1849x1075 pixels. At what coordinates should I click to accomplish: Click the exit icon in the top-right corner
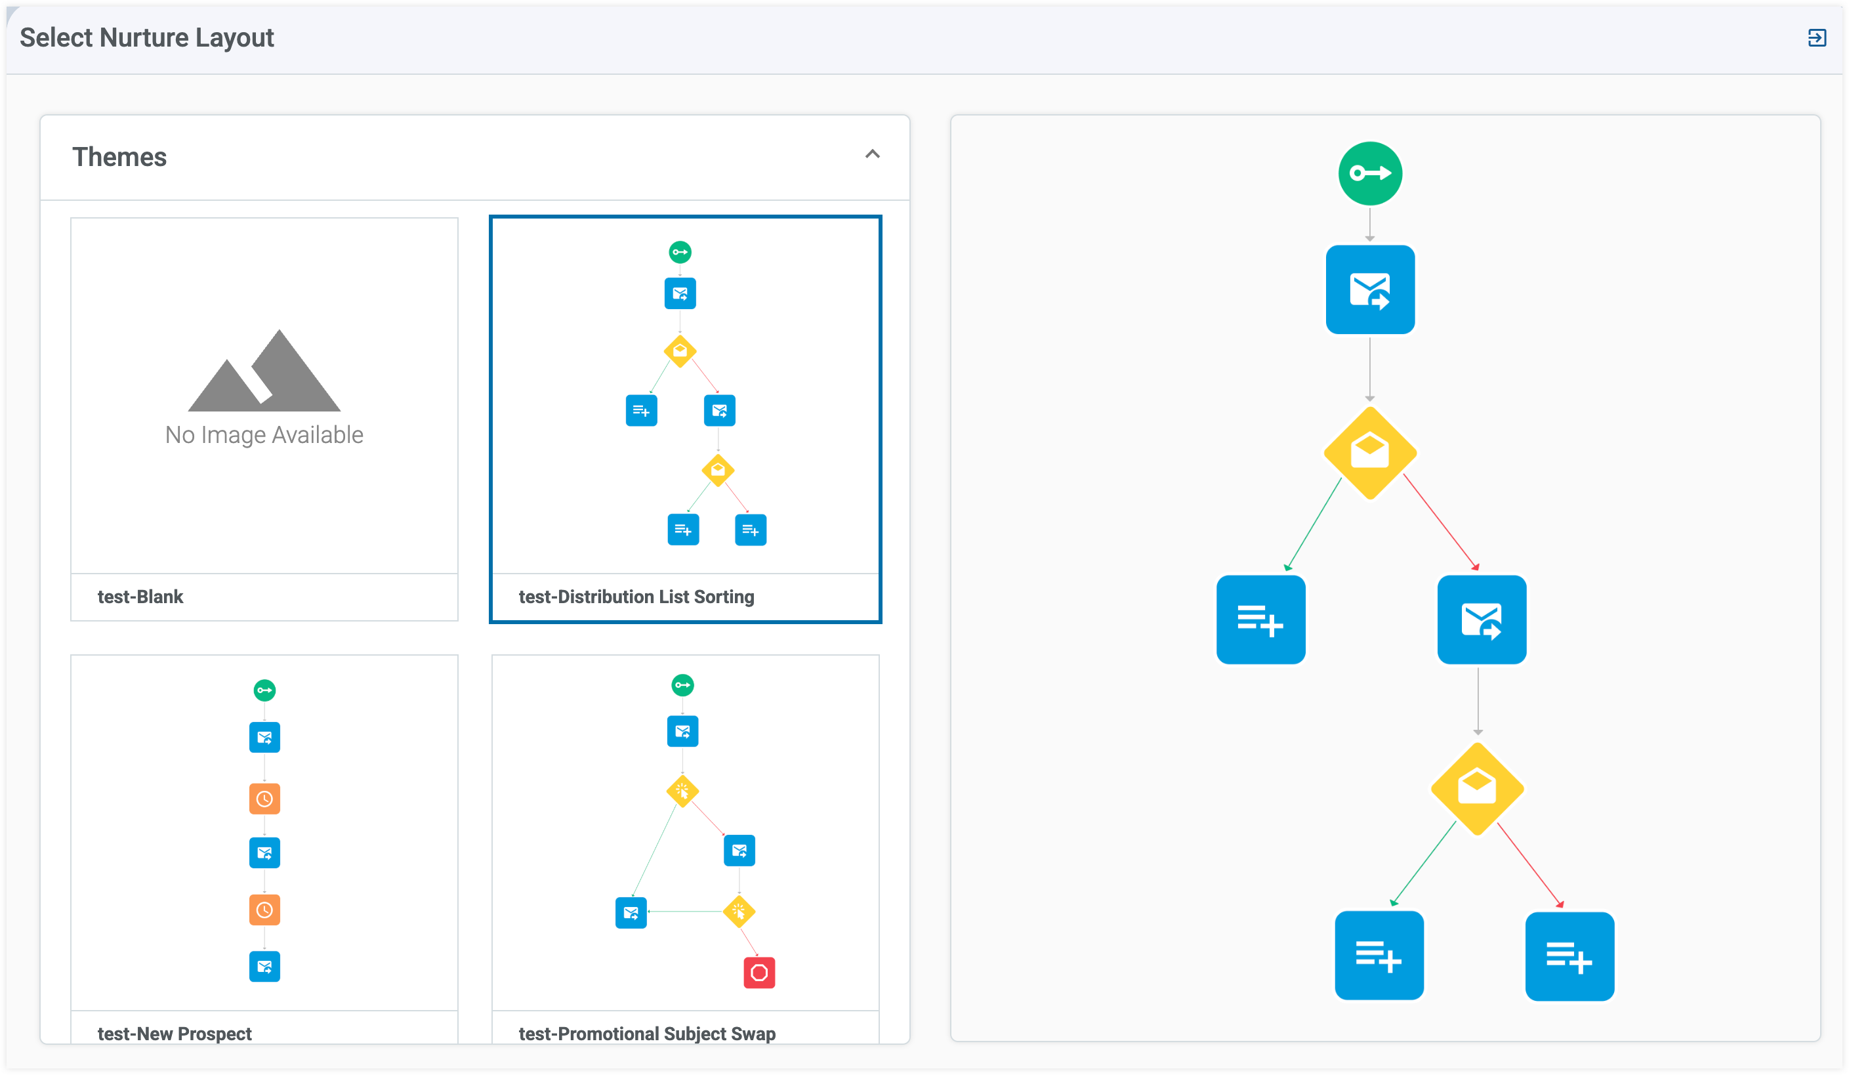click(1817, 37)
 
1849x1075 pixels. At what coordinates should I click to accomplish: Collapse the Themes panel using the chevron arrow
click(873, 154)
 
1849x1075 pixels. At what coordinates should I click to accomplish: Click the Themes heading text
click(119, 157)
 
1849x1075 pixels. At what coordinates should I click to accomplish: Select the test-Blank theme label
click(140, 597)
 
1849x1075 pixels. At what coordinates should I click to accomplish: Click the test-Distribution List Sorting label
click(636, 597)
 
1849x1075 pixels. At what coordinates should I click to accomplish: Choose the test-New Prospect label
click(175, 1033)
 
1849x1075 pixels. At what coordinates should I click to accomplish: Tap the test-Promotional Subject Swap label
click(647, 1033)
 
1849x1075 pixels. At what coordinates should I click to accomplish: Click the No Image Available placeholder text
click(264, 434)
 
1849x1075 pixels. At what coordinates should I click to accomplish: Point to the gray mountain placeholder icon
click(264, 371)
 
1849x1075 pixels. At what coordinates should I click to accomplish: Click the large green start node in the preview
click(1370, 174)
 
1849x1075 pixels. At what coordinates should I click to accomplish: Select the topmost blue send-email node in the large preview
click(1370, 290)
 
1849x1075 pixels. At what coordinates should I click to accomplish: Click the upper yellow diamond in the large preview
click(1370, 453)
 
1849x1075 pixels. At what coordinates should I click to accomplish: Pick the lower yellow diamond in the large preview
click(1477, 789)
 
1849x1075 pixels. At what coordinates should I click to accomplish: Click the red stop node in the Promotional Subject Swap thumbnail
click(759, 973)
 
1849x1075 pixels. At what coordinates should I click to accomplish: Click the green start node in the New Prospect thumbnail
click(265, 690)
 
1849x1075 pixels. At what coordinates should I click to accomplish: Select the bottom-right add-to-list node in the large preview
click(1569, 956)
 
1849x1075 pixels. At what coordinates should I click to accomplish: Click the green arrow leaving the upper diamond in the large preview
click(1314, 524)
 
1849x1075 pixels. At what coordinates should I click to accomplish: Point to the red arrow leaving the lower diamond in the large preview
click(1531, 866)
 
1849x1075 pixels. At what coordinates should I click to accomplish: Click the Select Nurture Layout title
click(147, 37)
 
